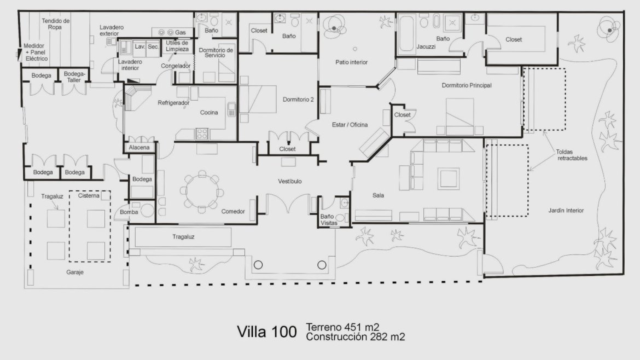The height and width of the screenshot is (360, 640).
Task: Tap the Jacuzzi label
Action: tap(426, 47)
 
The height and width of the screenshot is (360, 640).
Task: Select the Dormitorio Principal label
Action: tap(467, 85)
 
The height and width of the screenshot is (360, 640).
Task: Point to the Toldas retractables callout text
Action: tap(572, 155)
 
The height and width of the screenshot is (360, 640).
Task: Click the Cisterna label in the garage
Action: tap(89, 195)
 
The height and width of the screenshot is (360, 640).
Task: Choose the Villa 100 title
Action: tap(267, 332)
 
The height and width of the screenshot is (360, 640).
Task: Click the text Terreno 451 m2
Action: tap(342, 327)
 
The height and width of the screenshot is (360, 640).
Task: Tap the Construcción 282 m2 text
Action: tap(356, 336)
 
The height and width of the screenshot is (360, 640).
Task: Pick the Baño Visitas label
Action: tap(329, 219)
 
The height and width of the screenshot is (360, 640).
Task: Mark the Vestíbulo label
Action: tap(290, 181)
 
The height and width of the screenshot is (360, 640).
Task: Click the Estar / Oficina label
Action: tap(350, 125)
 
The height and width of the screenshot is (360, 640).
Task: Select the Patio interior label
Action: tap(351, 62)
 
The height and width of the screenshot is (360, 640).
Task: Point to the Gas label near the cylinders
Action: tap(181, 32)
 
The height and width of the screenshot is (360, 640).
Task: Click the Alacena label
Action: tap(139, 147)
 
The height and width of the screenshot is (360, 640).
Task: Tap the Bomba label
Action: tap(129, 212)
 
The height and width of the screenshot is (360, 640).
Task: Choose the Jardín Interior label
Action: tap(566, 211)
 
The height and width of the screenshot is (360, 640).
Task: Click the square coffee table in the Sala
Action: tap(448, 178)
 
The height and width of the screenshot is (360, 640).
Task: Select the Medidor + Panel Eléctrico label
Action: tap(36, 52)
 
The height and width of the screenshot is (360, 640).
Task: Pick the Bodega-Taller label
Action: tap(74, 77)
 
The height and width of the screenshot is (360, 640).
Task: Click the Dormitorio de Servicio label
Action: tap(216, 53)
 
